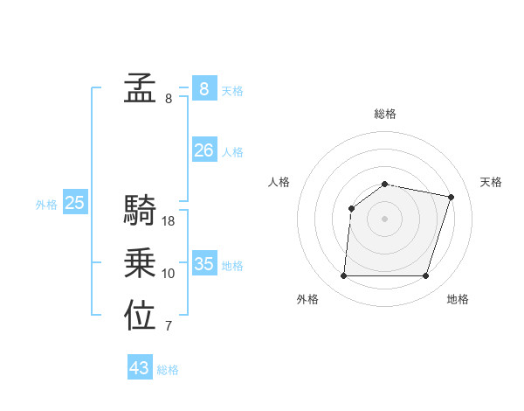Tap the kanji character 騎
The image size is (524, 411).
[x=140, y=210]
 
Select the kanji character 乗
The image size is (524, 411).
[x=140, y=262]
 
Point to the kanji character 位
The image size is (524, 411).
[x=140, y=316]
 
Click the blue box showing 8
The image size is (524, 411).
[x=203, y=88]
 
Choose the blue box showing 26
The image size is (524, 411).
[x=203, y=150]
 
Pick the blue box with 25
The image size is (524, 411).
[x=74, y=204]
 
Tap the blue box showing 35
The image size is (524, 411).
[x=203, y=264]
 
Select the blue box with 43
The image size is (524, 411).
[x=140, y=368]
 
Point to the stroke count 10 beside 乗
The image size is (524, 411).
[x=169, y=274]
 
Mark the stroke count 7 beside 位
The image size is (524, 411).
[x=169, y=327]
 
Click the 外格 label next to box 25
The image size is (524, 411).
[x=46, y=205]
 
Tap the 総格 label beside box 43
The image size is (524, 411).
[x=168, y=370]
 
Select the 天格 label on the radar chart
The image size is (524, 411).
[x=491, y=182]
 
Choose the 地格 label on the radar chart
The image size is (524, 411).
[x=458, y=299]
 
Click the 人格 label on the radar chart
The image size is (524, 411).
[x=279, y=182]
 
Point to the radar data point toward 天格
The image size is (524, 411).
[x=451, y=197]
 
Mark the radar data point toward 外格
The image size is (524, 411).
[x=343, y=276]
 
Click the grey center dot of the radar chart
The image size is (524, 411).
[x=384, y=219]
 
